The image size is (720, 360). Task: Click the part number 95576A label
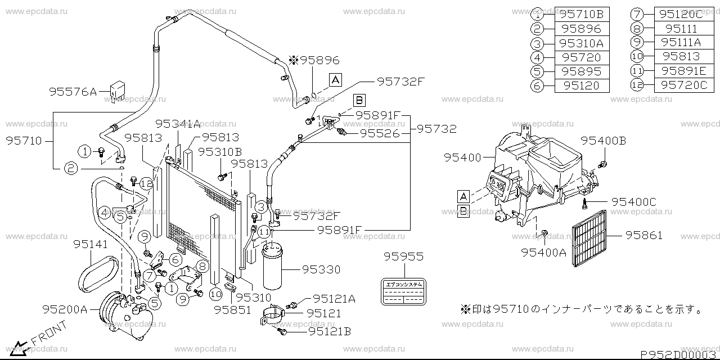[x=73, y=91]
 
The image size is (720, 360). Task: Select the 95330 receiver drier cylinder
[x=273, y=267]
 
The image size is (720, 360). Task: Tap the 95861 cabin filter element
[x=589, y=238]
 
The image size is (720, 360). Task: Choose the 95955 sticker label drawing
[x=403, y=292]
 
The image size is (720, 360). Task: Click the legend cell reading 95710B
[x=578, y=13]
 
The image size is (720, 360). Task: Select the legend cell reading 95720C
[x=683, y=85]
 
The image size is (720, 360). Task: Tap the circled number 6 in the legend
[x=538, y=85]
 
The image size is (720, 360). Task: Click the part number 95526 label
[x=380, y=133]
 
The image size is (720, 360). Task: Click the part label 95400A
[x=543, y=253]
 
